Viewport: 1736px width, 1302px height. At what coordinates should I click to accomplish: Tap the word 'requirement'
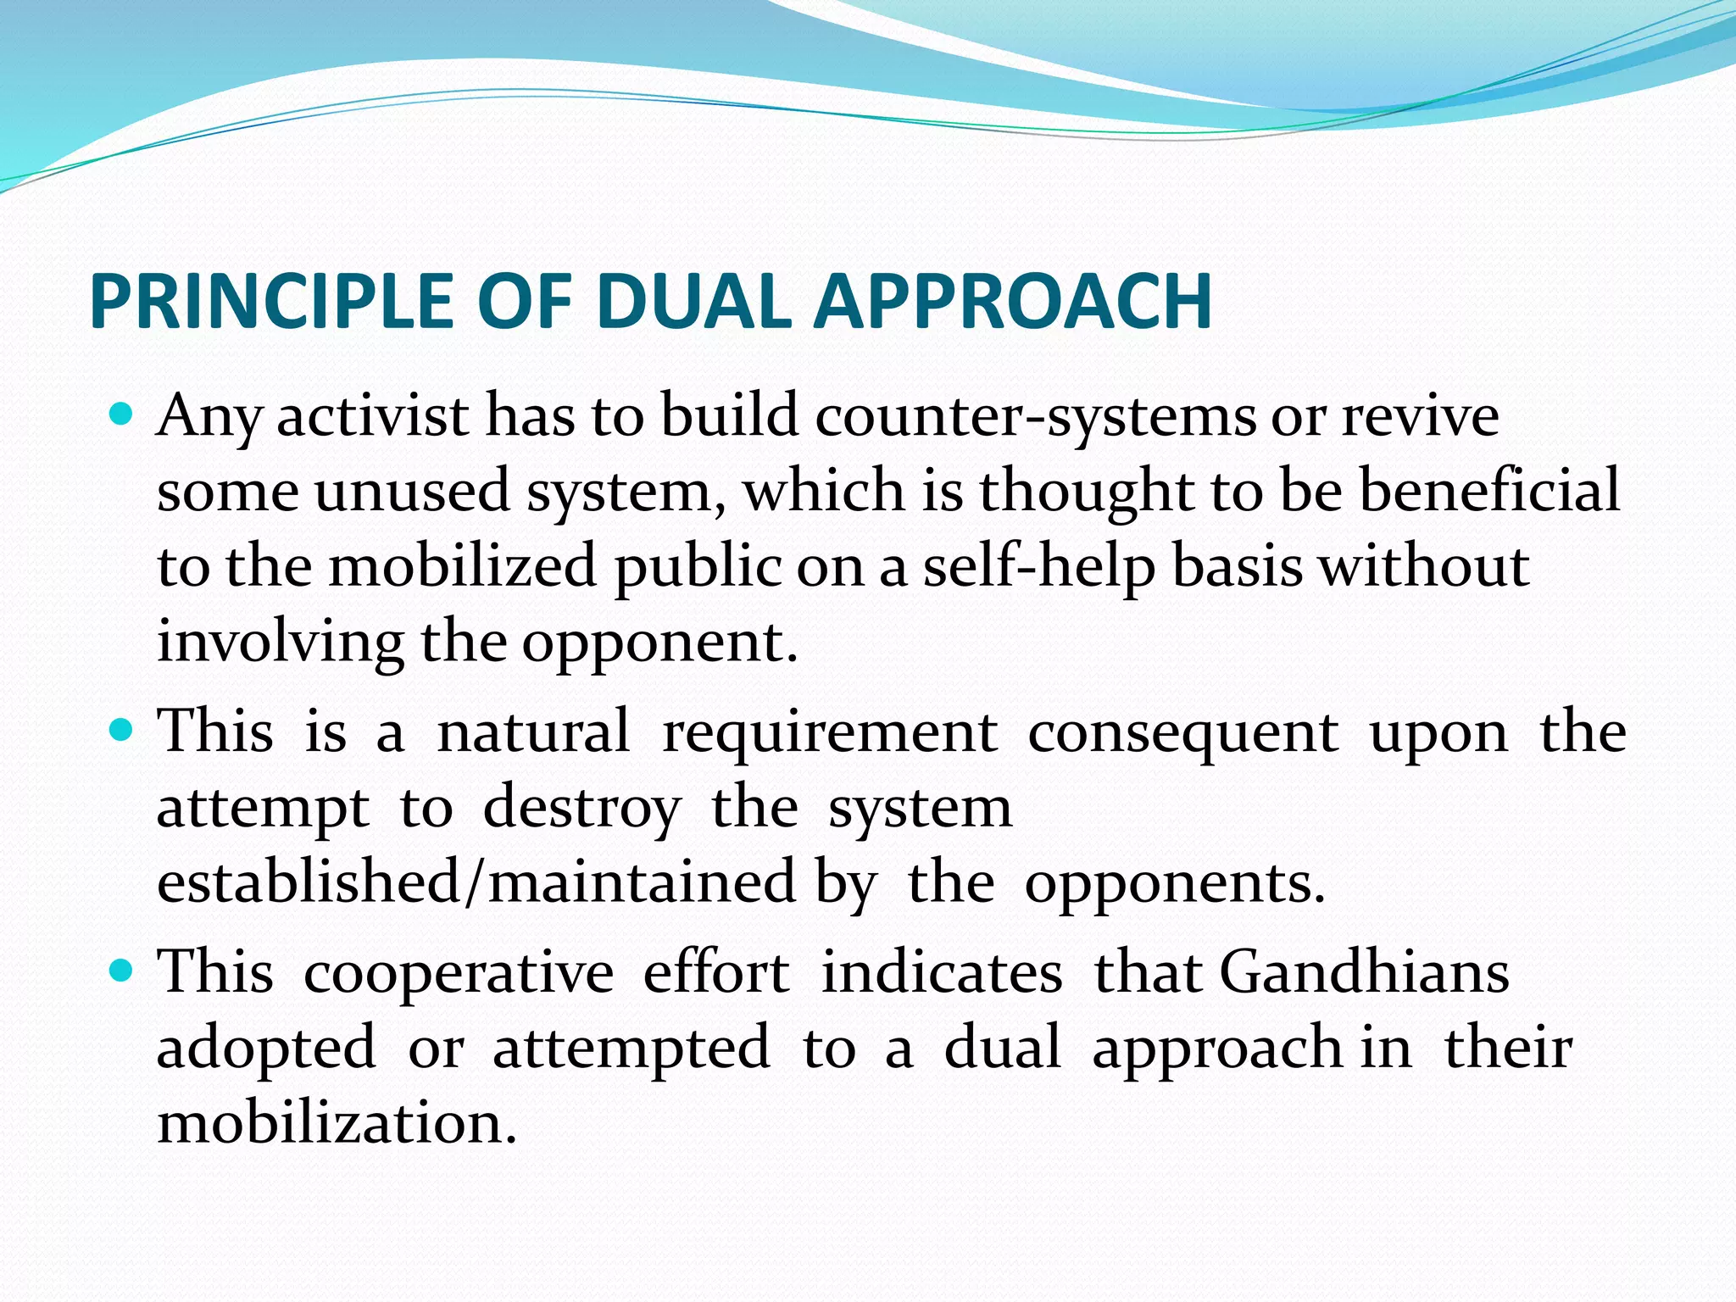click(829, 732)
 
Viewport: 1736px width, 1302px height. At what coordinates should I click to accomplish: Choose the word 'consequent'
click(1183, 732)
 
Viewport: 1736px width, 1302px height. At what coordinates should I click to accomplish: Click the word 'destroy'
click(581, 809)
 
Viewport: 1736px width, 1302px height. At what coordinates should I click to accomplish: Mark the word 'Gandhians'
click(1365, 972)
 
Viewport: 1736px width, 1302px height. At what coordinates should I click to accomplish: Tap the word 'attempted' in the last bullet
click(632, 1048)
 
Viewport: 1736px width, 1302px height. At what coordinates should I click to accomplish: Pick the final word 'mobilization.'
click(337, 1122)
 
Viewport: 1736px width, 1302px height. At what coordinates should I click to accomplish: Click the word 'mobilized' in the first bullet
click(463, 566)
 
